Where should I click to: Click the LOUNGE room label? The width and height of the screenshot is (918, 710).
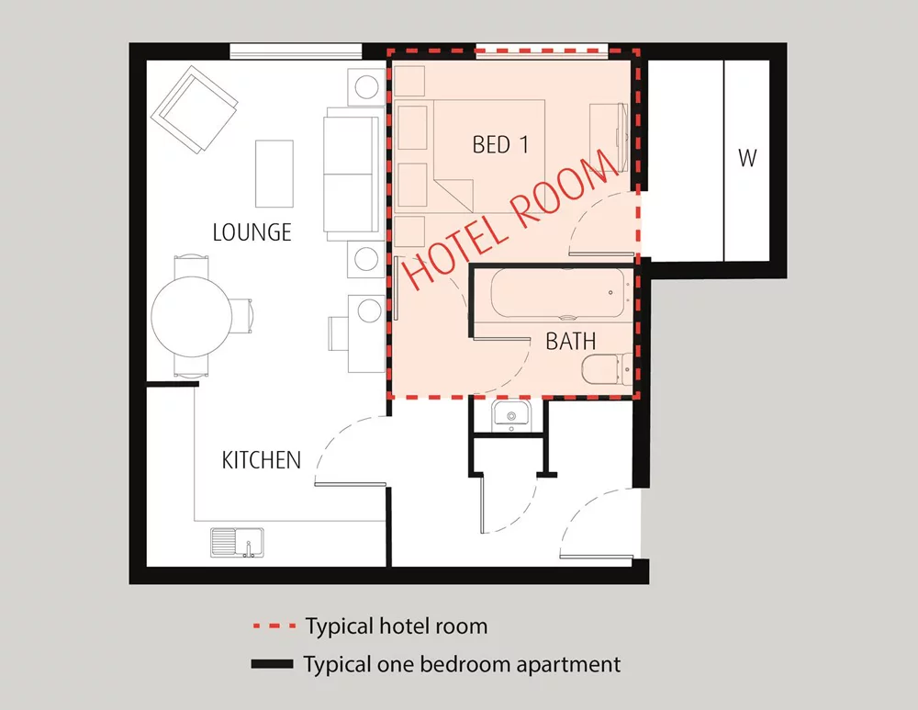click(x=252, y=232)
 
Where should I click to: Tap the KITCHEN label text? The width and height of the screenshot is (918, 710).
click(x=261, y=460)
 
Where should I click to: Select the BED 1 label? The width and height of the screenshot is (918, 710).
click(x=500, y=145)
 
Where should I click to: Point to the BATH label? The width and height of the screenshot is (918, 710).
click(x=571, y=341)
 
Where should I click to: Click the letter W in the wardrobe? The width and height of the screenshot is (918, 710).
click(x=747, y=158)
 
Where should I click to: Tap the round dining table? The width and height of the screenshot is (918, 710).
click(x=192, y=316)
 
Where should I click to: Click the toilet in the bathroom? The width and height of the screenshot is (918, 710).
click(x=607, y=369)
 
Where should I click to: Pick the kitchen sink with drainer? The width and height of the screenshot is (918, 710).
click(x=237, y=543)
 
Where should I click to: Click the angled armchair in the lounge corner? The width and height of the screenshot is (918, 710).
click(x=195, y=109)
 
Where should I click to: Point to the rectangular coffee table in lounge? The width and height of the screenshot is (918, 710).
click(x=274, y=174)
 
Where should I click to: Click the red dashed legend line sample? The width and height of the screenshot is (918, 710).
click(x=274, y=626)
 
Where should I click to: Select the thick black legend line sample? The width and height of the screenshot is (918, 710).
click(x=273, y=664)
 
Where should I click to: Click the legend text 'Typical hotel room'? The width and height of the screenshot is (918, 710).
click(x=397, y=626)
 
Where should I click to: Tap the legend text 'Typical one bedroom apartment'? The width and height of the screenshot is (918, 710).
click(x=462, y=665)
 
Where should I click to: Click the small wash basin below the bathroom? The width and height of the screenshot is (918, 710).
click(x=511, y=413)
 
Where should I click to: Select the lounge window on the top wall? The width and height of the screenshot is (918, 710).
click(x=296, y=51)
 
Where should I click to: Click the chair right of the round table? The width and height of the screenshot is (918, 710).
click(x=241, y=316)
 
